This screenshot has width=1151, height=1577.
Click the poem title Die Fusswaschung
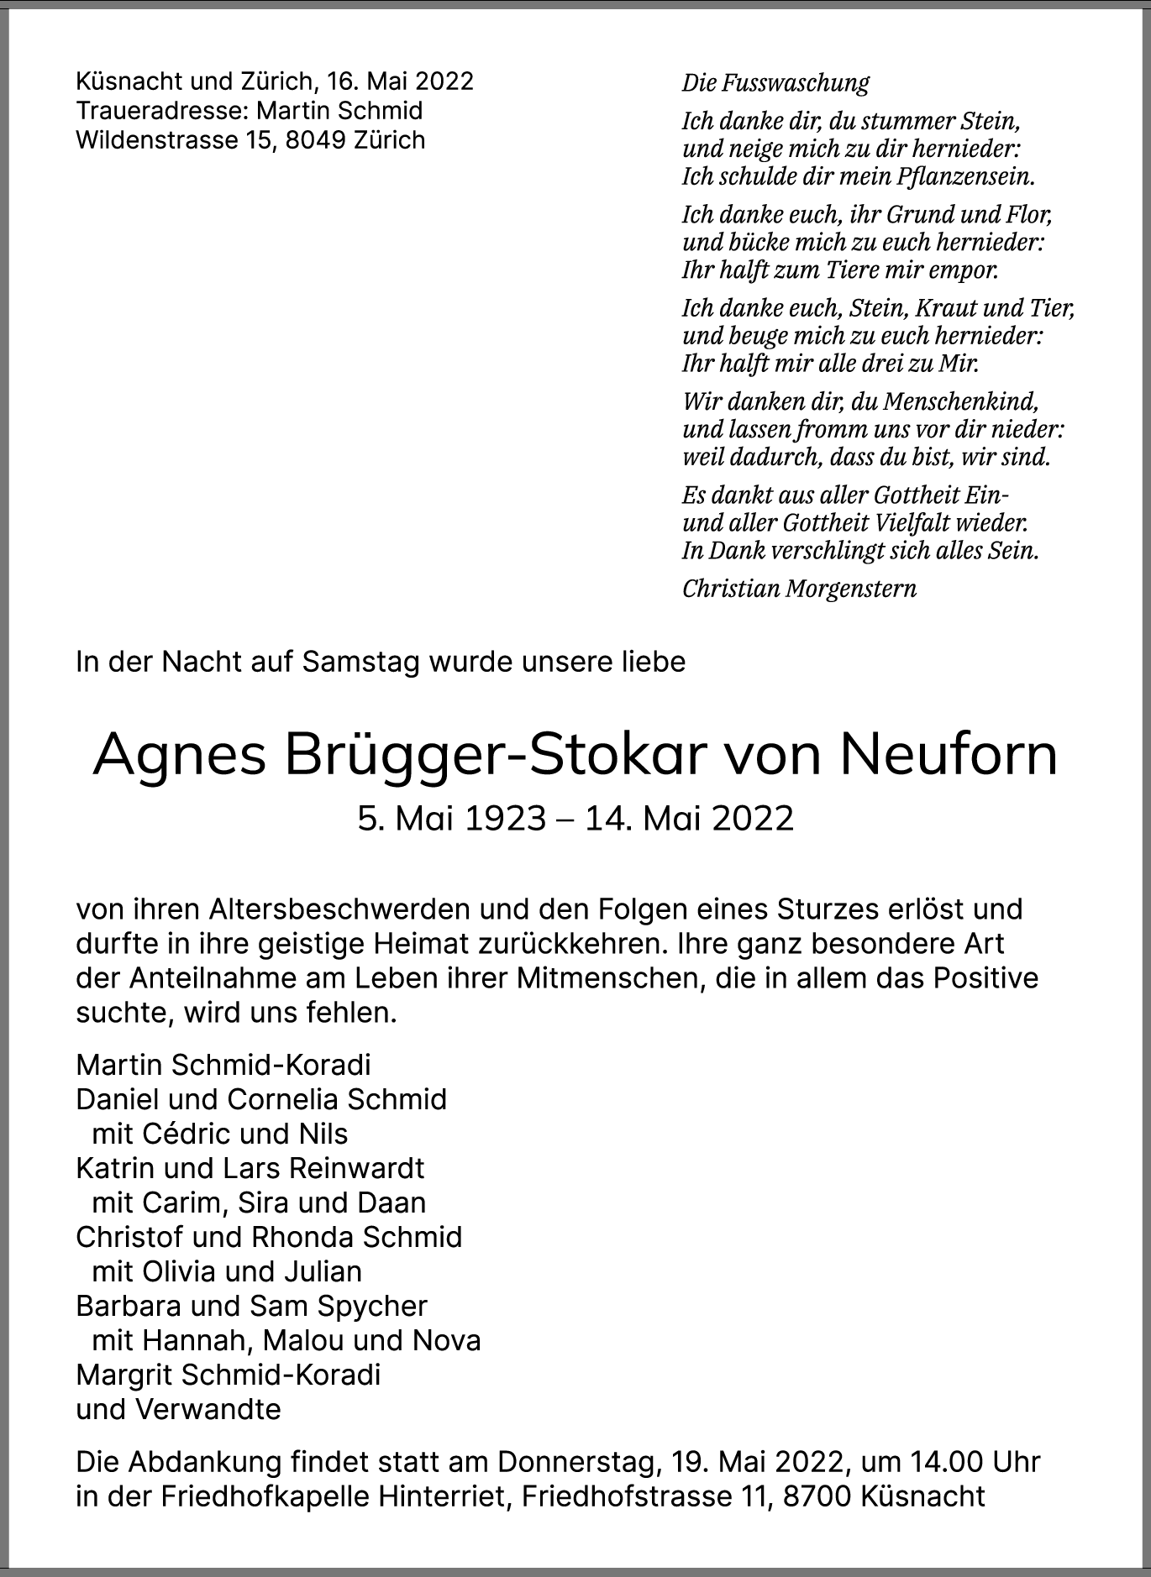[x=775, y=83]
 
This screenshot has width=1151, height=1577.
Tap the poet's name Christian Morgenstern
[x=799, y=589]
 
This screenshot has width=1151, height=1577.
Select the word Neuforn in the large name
[x=949, y=755]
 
